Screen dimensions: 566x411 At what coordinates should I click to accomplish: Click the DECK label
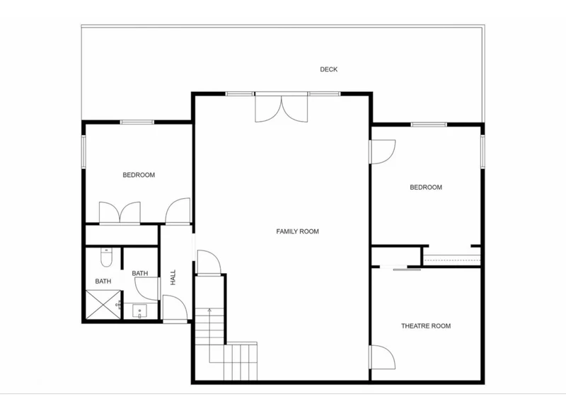click(328, 69)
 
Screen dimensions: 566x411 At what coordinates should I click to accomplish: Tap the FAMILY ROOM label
click(297, 231)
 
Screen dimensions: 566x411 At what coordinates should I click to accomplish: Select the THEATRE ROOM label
click(426, 326)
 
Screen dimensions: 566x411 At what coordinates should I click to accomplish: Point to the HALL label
click(173, 277)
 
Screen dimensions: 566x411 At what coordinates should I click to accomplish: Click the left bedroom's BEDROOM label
click(139, 175)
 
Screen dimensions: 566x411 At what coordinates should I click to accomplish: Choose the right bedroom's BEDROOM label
click(426, 187)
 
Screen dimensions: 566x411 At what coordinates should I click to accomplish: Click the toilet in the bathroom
click(106, 257)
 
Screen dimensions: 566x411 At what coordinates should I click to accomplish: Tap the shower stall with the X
click(103, 305)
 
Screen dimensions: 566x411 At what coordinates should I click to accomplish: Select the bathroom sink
click(139, 311)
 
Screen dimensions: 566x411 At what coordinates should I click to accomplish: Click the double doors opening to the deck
click(282, 107)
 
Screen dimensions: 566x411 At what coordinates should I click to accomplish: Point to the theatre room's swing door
click(382, 357)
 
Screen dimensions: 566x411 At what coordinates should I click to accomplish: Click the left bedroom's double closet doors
click(120, 213)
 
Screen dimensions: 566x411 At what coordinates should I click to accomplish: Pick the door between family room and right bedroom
click(382, 152)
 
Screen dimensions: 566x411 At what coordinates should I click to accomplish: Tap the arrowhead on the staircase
click(209, 309)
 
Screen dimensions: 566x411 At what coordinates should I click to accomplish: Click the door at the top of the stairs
click(209, 262)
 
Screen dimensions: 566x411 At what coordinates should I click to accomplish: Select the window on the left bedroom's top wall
click(137, 122)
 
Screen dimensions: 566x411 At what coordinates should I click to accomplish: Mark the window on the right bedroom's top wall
click(429, 125)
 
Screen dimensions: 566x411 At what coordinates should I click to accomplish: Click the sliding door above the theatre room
click(407, 270)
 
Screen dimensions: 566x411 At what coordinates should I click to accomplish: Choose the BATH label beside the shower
click(103, 282)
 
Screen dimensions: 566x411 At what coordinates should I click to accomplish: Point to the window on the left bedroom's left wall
click(83, 151)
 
